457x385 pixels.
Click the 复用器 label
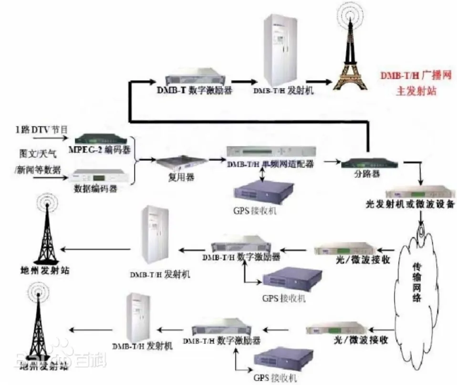point(176,177)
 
